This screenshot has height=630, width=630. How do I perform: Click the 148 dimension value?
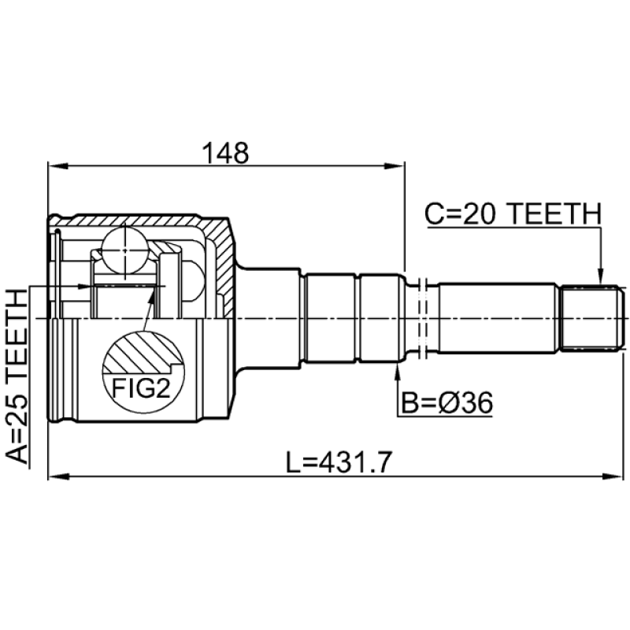click(x=225, y=153)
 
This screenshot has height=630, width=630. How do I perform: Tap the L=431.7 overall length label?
click(x=339, y=462)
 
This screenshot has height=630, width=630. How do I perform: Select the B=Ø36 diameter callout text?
click(x=447, y=403)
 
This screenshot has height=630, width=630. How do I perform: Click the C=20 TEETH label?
click(x=513, y=213)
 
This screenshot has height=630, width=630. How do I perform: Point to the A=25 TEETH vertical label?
click(x=17, y=376)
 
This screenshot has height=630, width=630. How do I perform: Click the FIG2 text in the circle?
click(x=141, y=388)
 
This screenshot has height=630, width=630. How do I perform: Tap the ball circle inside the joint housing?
click(x=125, y=250)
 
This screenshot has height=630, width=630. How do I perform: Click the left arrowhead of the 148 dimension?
click(x=58, y=166)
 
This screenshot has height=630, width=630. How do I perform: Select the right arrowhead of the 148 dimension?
click(x=395, y=166)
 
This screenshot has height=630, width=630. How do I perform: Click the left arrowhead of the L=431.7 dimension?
click(x=58, y=476)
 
